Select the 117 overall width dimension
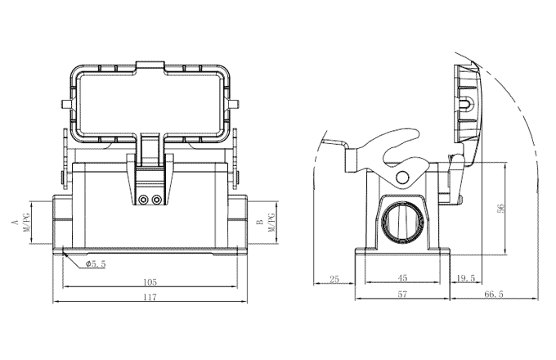[x=149, y=297]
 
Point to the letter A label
[x=14, y=222]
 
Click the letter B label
[x=259, y=222]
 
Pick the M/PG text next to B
[x=272, y=222]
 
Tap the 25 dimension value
[x=334, y=279]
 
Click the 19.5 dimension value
[x=467, y=279]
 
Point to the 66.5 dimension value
[x=494, y=294]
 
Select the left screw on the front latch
[x=145, y=200]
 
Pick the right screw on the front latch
[x=156, y=200]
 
